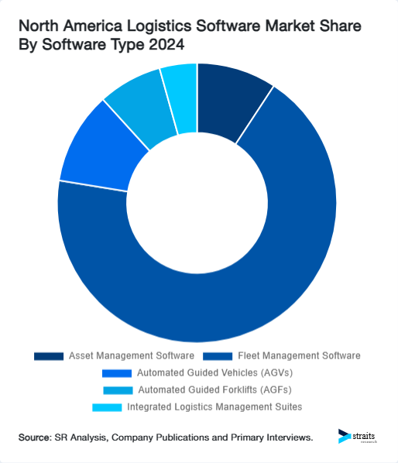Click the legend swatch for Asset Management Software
tap(48, 356)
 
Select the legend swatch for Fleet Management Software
tap(216, 356)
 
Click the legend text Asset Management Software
tap(130, 356)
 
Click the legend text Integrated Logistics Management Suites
tap(214, 406)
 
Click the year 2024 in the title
tap(169, 46)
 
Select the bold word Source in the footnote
tap(35, 438)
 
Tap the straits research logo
tap(358, 437)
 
